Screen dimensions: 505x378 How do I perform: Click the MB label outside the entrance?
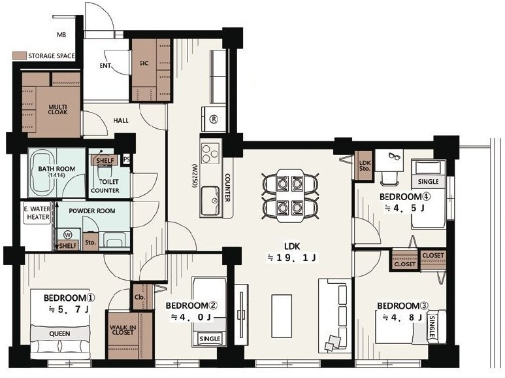(61, 35)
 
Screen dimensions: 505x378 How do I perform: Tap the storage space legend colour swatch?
(19, 56)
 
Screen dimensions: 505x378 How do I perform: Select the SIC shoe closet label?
(144, 63)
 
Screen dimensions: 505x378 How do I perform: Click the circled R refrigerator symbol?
(214, 119)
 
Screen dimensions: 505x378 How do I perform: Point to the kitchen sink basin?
(210, 201)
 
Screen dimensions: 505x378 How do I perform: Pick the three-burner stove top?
(210, 153)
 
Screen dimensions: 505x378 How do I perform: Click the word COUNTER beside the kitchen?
(227, 188)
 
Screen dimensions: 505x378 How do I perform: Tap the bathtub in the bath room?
(42, 174)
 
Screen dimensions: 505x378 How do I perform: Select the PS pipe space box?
(126, 160)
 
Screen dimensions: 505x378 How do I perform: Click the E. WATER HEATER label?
(38, 213)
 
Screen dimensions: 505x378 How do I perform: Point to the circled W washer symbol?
(68, 235)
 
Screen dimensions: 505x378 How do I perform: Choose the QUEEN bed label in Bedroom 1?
(60, 334)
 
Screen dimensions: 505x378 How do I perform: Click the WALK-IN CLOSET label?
(123, 330)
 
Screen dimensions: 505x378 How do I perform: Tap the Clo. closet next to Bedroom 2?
(140, 297)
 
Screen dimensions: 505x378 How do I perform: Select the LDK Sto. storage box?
(365, 165)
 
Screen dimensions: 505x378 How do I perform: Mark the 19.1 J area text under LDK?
(292, 258)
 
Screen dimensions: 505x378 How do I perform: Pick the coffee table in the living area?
(282, 316)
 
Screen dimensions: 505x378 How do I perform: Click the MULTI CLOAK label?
(58, 109)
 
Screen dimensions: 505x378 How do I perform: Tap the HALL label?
(121, 120)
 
